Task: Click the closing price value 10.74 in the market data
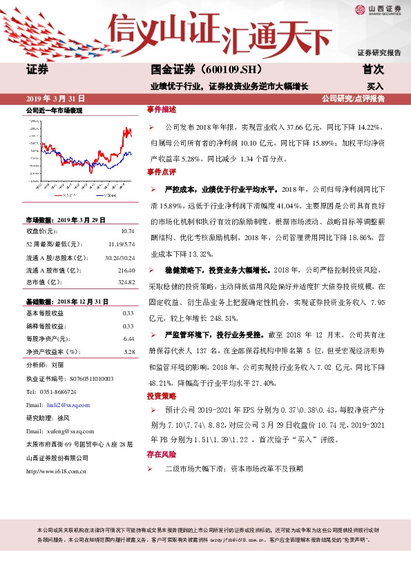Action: [127, 231]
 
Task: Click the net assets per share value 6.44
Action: [128, 339]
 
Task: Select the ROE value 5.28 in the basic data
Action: [128, 352]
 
